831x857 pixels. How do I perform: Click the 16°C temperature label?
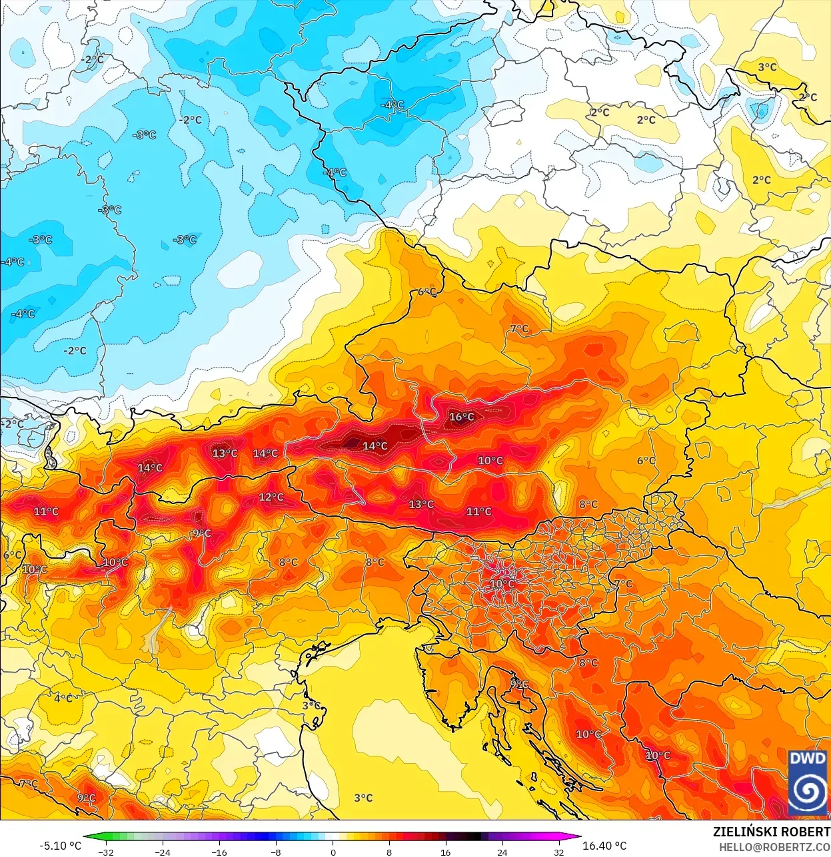[x=461, y=418]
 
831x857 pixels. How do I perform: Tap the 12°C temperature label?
[x=271, y=497]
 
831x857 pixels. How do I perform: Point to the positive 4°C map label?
[x=63, y=699]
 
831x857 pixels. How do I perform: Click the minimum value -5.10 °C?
[x=60, y=846]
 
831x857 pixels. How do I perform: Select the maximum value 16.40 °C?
[x=604, y=846]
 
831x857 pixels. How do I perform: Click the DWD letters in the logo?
[x=808, y=758]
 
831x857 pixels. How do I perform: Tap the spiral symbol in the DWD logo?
[x=808, y=792]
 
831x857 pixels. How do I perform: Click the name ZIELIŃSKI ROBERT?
[x=771, y=832]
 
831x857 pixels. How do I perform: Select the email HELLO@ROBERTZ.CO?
[x=774, y=847]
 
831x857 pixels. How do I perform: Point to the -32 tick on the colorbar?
[x=105, y=852]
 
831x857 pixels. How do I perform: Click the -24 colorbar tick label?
[x=163, y=852]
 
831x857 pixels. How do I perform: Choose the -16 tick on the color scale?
[x=219, y=852]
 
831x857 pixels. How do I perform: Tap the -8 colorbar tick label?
[x=276, y=852]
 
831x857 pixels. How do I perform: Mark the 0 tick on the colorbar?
[x=333, y=852]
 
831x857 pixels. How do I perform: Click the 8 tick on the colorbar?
[x=389, y=852]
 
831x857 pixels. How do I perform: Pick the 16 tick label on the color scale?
[x=445, y=852]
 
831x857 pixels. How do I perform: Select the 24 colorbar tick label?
[x=502, y=852]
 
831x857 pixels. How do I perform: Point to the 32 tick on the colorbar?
[x=558, y=852]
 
